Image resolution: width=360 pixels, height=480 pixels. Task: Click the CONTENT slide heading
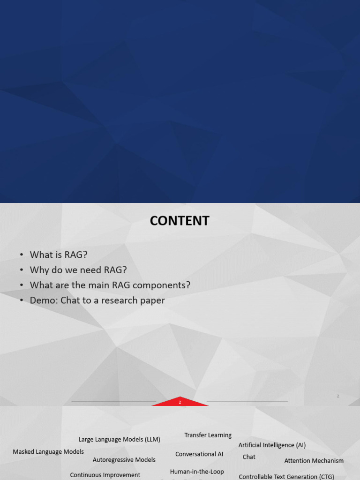coord(180,221)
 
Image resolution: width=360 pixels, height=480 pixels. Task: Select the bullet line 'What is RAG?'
coord(59,255)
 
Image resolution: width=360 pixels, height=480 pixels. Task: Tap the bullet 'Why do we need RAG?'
coord(78,270)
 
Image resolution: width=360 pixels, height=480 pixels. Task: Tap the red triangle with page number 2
coord(180,402)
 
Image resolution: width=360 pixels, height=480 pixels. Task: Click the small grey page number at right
coord(338,396)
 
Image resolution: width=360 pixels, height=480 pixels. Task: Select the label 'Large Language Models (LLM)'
coord(120,440)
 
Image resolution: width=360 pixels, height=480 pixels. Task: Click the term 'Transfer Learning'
coord(208,435)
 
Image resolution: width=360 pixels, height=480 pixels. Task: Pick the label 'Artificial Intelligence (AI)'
coord(272,445)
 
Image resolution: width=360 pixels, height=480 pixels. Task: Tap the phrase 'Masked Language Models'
coord(48,452)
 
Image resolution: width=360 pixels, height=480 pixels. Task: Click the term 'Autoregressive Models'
coord(124,460)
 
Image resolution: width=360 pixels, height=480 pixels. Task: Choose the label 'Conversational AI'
coord(199,454)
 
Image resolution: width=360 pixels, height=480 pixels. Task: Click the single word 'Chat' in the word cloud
coord(249,457)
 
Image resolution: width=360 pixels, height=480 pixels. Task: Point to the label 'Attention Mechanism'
coord(314,461)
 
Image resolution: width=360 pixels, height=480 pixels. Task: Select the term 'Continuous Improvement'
coord(105,475)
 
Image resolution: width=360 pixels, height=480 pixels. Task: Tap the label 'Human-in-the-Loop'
coord(197,472)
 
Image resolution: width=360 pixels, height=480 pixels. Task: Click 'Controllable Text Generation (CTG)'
coord(286,477)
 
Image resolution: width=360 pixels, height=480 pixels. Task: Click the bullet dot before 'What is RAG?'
coord(22,255)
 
